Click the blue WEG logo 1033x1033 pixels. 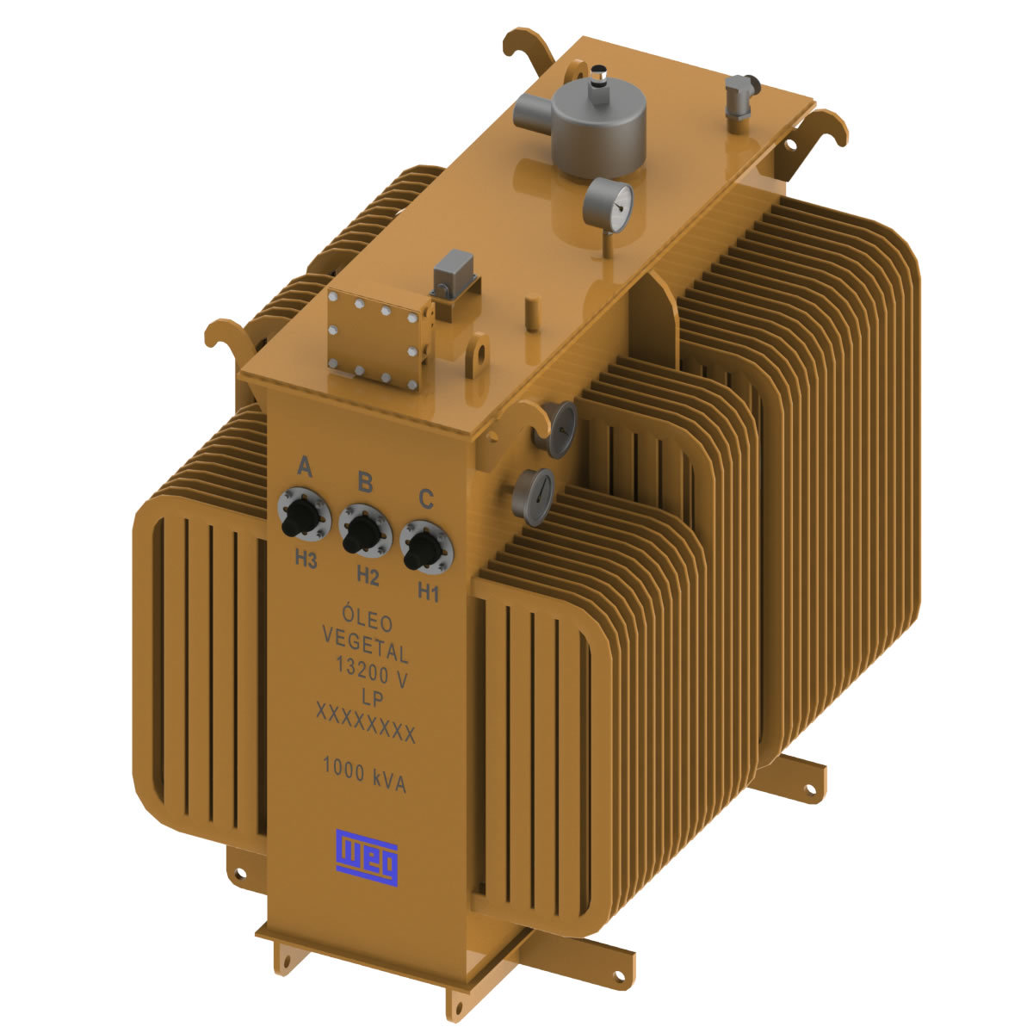tap(368, 857)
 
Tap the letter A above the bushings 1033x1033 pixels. tap(304, 467)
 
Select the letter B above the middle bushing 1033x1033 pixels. tap(365, 482)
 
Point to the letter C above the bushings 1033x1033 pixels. tap(425, 498)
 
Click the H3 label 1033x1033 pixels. tap(306, 559)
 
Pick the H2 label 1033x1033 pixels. tap(368, 577)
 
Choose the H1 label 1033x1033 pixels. tap(428, 592)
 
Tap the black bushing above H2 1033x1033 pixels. tap(364, 532)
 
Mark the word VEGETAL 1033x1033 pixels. tap(365, 641)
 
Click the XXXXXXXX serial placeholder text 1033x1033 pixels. tap(366, 723)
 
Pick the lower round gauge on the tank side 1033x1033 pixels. tap(533, 497)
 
